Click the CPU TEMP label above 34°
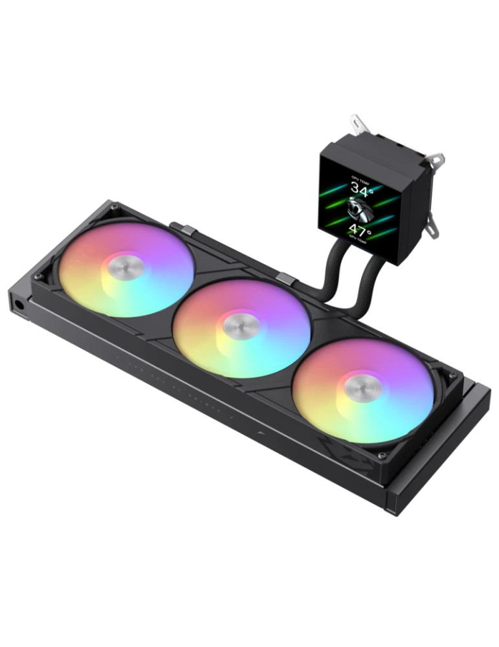[x=359, y=177]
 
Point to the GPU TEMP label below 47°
[x=360, y=242]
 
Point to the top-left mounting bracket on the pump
[x=357, y=124]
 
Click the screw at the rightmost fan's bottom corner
[x=382, y=455]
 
